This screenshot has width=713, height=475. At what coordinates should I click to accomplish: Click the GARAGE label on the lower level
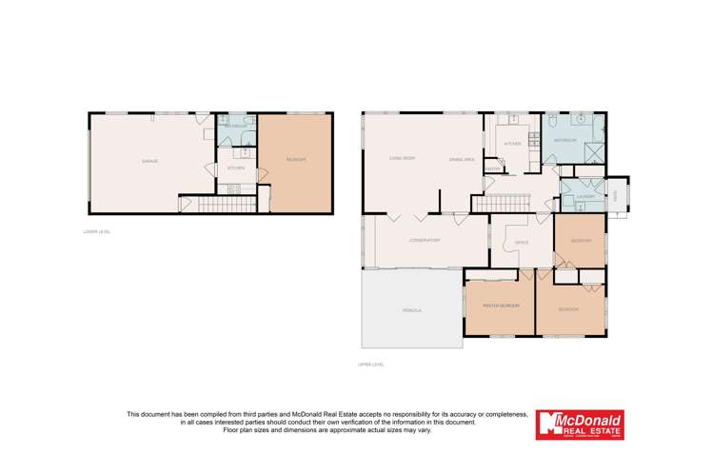149,161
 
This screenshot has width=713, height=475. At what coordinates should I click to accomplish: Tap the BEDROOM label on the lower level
295,160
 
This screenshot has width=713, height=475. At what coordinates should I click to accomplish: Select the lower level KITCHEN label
235,168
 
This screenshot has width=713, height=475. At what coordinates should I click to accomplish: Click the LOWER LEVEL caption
97,231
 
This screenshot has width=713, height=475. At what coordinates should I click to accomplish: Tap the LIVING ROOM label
402,158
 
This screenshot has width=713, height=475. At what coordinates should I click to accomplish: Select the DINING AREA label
462,159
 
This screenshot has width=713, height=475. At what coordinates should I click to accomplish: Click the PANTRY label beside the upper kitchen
492,169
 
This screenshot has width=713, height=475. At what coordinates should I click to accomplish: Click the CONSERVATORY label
424,240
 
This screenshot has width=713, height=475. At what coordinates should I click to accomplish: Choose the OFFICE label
521,243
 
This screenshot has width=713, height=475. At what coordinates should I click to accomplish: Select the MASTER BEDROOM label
500,306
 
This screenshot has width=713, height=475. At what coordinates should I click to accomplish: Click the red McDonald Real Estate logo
580,425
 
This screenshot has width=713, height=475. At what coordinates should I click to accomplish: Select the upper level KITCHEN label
512,143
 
